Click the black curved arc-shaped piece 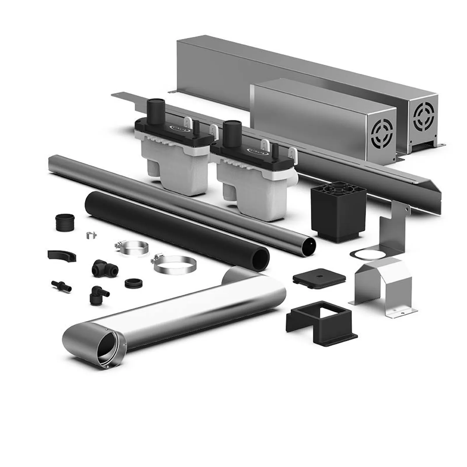coord(62,256)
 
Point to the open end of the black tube coord(261,258)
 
